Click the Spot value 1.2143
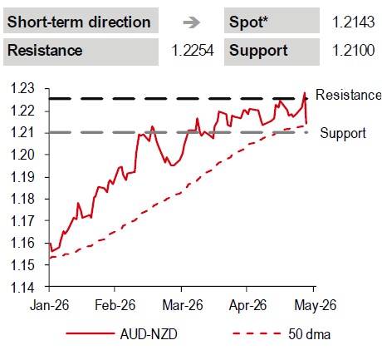(x=353, y=22)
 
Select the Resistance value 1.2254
(x=193, y=51)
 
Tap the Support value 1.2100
(x=353, y=51)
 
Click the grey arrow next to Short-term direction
(x=191, y=22)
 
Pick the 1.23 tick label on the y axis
(x=22, y=88)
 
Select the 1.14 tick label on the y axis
(x=22, y=288)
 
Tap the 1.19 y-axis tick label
(x=22, y=177)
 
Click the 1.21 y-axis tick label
(x=22, y=133)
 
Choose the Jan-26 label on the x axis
(x=49, y=305)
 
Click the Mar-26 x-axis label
(x=183, y=305)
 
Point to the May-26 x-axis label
(x=316, y=305)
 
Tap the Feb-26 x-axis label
(x=115, y=305)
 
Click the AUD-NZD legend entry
(x=122, y=334)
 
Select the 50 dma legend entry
(x=282, y=334)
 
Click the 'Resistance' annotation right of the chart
(x=348, y=95)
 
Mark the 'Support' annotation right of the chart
(x=343, y=133)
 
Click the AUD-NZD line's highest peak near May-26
(x=305, y=93)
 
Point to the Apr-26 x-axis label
(x=247, y=305)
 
